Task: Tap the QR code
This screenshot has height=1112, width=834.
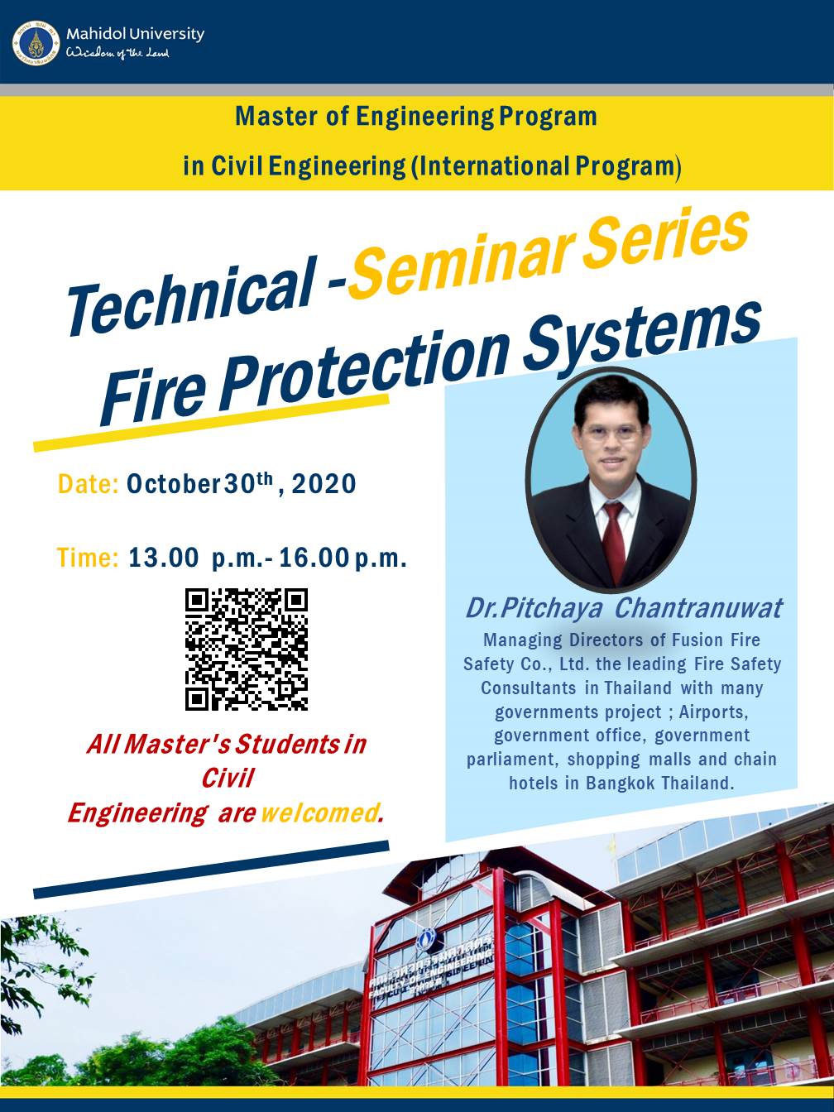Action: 246,649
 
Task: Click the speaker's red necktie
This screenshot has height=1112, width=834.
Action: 614,543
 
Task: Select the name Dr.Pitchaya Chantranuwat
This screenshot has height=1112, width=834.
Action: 625,608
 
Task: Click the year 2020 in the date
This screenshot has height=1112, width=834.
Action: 324,483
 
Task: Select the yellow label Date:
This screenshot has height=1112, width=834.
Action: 89,483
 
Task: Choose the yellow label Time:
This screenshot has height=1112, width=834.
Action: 88,558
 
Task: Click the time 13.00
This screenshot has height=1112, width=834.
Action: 164,558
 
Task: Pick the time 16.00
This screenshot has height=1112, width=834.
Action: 314,558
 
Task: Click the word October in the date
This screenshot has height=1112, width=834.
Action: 173,483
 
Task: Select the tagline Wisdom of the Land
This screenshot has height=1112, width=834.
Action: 117,53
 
